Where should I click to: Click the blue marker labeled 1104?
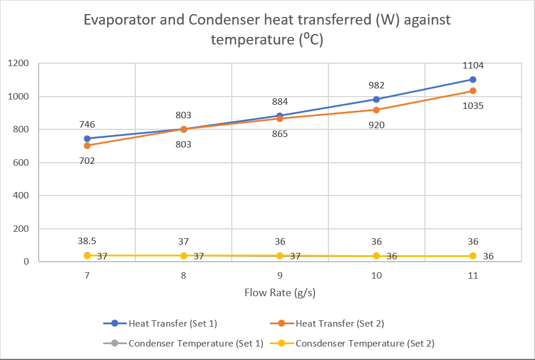pyautogui.click(x=473, y=80)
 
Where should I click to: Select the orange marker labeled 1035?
pyautogui.click(x=473, y=91)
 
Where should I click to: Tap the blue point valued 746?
pyautogui.click(x=87, y=139)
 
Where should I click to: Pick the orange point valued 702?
pyautogui.click(x=87, y=146)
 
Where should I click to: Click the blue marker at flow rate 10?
pyautogui.click(x=376, y=100)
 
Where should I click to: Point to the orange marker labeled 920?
pyautogui.click(x=376, y=110)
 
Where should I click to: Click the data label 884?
pyautogui.click(x=280, y=101)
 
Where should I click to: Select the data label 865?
pyautogui.click(x=280, y=134)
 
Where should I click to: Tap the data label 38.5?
pyautogui.click(x=87, y=241)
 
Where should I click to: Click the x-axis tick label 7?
pyautogui.click(x=87, y=276)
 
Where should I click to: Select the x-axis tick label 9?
pyautogui.click(x=280, y=276)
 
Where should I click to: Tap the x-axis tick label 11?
pyautogui.click(x=473, y=276)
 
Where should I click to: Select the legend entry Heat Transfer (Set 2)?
pyautogui.click(x=340, y=323)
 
